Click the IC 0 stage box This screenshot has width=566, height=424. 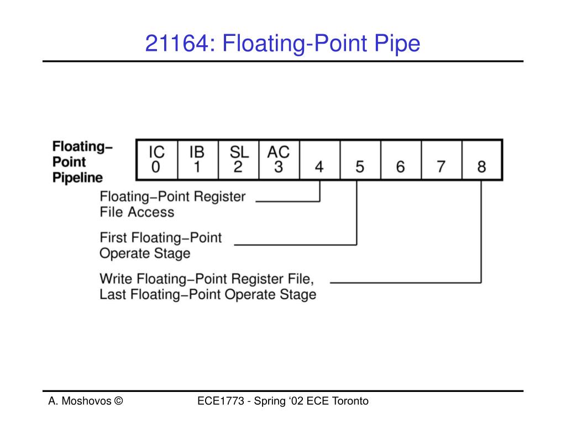pos(156,160)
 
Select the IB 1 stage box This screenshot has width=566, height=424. pos(197,160)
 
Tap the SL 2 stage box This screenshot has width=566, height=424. pos(238,160)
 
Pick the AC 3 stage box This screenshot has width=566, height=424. pos(279,160)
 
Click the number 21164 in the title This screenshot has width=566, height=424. pos(177,44)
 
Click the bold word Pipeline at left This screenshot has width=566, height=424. pos(78,178)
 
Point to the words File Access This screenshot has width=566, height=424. pos(137,212)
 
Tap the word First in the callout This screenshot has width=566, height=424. pos(113,238)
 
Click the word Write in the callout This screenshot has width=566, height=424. pos(116,278)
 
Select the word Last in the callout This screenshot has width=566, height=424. pos(112,294)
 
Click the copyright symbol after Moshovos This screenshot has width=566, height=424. pos(118,401)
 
